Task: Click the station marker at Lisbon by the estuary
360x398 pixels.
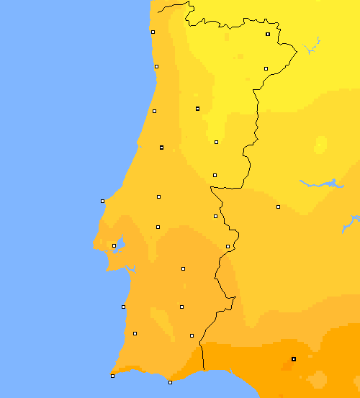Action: [x=114, y=245]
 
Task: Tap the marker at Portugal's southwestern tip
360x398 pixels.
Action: [x=112, y=376]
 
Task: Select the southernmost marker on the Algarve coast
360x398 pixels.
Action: [x=170, y=382]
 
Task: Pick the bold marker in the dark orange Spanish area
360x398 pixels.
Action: [x=293, y=358]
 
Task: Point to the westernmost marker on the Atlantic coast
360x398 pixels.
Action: [x=102, y=201]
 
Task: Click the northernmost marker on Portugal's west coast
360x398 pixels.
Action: [x=153, y=32]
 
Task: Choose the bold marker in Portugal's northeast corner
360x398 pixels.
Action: [x=268, y=34]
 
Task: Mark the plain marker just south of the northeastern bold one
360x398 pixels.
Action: [x=266, y=68]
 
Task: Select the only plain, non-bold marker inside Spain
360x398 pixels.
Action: [x=278, y=207]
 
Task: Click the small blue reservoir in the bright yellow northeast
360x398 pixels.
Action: [x=312, y=48]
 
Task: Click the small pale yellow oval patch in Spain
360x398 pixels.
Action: [x=320, y=145]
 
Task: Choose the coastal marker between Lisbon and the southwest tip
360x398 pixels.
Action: [x=123, y=307]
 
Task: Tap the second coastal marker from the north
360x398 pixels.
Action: [x=156, y=66]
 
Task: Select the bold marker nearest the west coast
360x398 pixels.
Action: [x=161, y=147]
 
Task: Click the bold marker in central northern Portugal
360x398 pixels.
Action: [x=197, y=109]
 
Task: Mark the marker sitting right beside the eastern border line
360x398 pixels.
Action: [x=228, y=246]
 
